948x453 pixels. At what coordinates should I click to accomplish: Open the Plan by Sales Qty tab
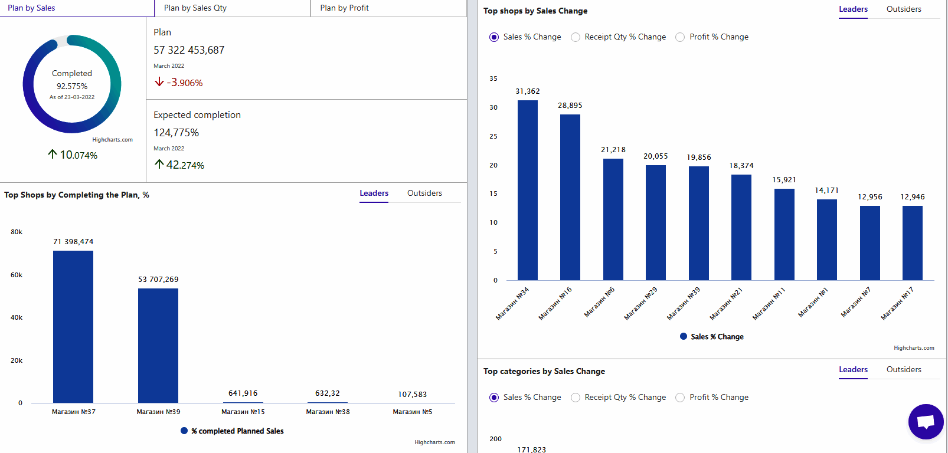195,8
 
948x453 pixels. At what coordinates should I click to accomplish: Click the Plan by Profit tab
344,8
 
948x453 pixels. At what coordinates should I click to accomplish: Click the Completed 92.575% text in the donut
72,80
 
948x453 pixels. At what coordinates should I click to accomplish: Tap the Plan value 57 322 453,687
189,50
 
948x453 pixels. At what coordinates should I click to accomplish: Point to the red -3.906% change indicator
179,83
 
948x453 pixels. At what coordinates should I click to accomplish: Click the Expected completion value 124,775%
176,133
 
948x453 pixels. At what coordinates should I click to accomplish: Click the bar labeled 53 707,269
158,345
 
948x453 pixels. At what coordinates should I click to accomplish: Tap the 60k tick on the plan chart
17,275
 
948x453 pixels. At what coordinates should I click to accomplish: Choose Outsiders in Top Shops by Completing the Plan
424,193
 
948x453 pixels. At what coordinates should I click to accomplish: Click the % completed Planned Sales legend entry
233,431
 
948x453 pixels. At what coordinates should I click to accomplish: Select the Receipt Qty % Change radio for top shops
576,37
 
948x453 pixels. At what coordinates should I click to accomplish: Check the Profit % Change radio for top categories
680,398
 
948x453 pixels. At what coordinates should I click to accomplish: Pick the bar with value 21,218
613,219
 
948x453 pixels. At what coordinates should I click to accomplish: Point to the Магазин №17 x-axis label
897,303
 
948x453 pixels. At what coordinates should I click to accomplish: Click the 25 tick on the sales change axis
493,136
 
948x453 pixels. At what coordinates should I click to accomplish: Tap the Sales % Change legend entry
712,337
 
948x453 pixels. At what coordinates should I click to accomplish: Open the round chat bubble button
926,421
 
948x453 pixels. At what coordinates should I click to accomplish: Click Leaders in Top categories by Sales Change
853,369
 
